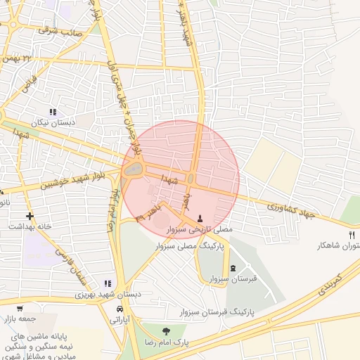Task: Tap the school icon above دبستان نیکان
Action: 52,112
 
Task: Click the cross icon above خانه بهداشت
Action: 29,216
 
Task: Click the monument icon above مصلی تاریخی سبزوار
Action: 201,218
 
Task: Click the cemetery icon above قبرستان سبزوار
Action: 233,268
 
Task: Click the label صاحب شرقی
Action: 60,30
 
